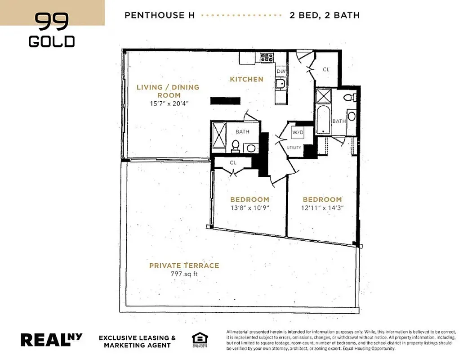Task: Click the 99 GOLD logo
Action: (x=52, y=30)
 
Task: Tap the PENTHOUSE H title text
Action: (x=160, y=15)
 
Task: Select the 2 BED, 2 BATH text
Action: (x=325, y=15)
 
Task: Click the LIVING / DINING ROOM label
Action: (x=168, y=91)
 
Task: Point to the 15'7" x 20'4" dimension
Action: (x=169, y=103)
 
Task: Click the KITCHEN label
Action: (x=246, y=79)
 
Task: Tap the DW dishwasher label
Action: (x=281, y=71)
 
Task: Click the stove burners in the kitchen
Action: (x=267, y=57)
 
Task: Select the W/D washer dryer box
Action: (x=298, y=133)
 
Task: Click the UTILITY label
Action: (x=294, y=148)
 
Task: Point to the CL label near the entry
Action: (x=327, y=70)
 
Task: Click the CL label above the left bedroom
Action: (x=233, y=163)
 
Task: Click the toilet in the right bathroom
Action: (x=349, y=97)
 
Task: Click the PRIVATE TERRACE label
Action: (x=184, y=265)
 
